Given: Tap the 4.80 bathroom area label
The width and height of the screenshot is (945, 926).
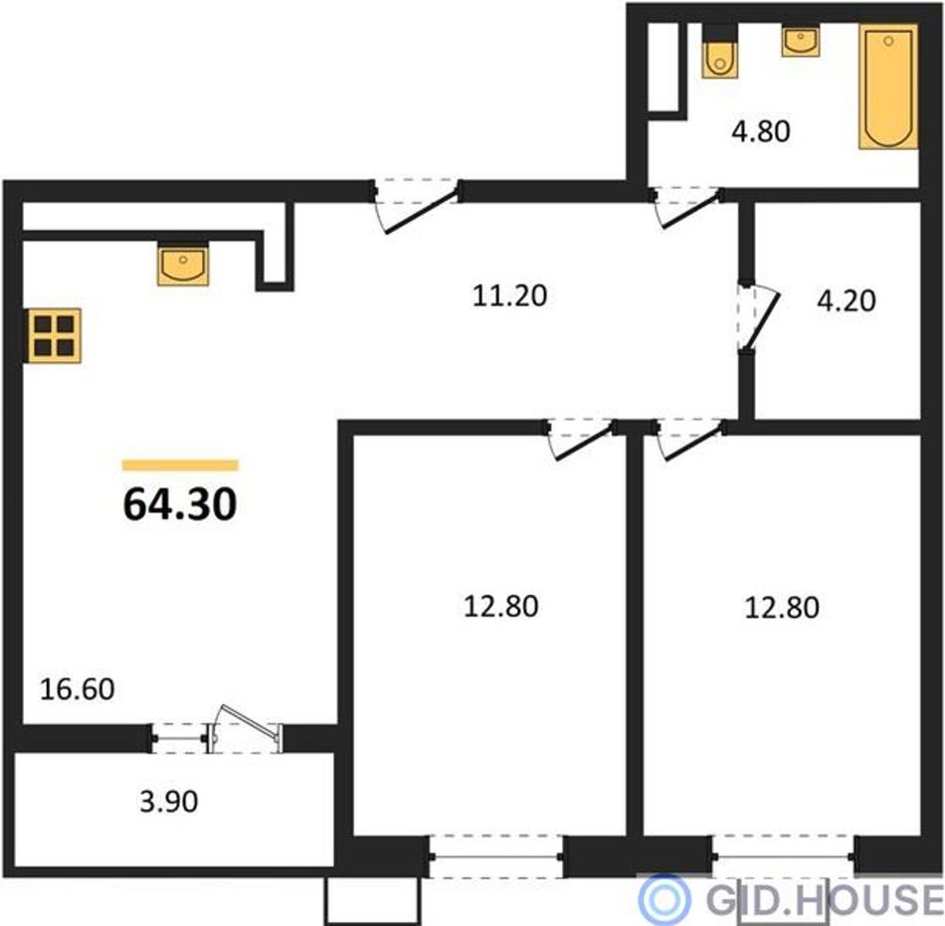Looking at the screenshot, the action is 761,131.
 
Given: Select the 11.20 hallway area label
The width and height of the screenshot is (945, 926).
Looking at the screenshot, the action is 510,295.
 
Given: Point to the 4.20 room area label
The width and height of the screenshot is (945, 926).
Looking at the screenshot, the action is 847,300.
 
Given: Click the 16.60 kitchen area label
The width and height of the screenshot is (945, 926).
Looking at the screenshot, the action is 78,689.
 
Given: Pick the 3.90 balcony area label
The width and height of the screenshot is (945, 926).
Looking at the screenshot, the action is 169,802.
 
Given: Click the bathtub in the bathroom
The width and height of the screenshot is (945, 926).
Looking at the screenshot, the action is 888,87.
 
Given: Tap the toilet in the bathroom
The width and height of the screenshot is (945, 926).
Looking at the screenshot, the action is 719,52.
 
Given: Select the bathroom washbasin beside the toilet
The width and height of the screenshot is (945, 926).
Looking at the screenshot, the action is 801,41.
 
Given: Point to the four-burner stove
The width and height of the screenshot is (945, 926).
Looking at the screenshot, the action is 55,335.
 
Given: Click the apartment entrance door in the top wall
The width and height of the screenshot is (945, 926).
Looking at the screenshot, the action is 416,205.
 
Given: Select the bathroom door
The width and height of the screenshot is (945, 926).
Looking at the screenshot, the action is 687,207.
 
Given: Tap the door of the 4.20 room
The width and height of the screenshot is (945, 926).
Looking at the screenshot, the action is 758,317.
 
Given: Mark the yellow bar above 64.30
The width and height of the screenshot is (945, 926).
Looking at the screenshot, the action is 180,465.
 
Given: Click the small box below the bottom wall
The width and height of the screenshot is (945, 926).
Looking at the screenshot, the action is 372,901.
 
